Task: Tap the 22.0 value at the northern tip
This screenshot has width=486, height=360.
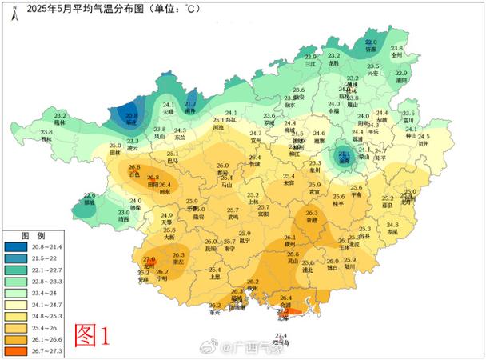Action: pyautogui.click(x=371, y=42)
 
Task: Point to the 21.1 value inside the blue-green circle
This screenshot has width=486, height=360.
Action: pyautogui.click(x=345, y=153)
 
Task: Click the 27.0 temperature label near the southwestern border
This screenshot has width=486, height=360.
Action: pyautogui.click(x=149, y=260)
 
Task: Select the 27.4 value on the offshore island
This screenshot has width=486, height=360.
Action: pyautogui.click(x=281, y=334)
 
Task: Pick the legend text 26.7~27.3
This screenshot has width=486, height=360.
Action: pyautogui.click(x=49, y=350)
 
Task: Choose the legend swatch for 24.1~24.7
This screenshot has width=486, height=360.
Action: pyautogui.click(x=16, y=305)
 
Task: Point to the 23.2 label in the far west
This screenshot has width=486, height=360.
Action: pyautogui.click(x=61, y=116)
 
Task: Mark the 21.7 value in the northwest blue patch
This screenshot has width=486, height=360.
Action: pyautogui.click(x=190, y=104)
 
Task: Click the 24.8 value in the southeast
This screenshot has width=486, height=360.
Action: pyautogui.click(x=392, y=225)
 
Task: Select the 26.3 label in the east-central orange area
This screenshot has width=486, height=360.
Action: pyautogui.click(x=312, y=213)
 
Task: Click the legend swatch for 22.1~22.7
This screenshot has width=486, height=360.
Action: pyautogui.click(x=16, y=271)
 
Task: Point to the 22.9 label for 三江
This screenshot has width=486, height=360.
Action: pyautogui.click(x=311, y=57)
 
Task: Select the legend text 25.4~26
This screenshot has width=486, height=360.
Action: pyautogui.click(x=49, y=328)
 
